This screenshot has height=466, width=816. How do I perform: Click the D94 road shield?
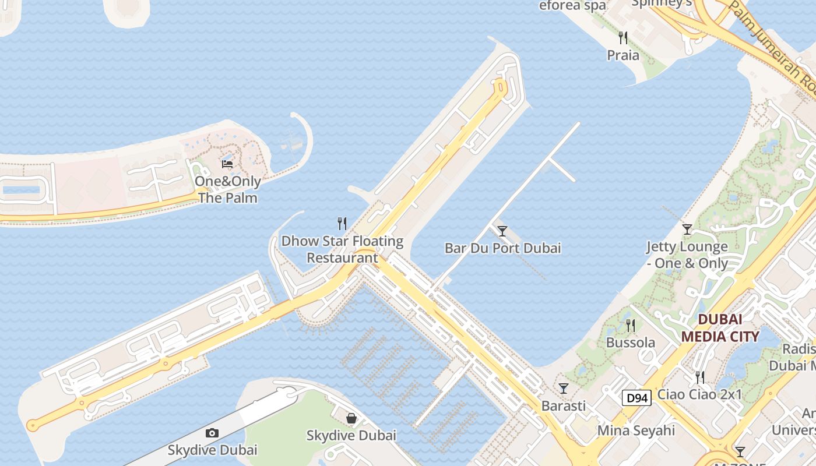pyautogui.click(x=636, y=398)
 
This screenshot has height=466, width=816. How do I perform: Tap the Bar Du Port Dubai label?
pyautogui.click(x=502, y=248)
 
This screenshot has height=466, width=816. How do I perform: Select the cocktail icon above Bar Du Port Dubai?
pyautogui.click(x=502, y=231)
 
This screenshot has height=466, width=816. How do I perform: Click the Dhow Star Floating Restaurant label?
pyautogui.click(x=342, y=249)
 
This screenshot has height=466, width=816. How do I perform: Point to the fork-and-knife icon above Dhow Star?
pyautogui.click(x=342, y=223)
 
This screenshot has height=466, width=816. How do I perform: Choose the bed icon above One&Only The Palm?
pyautogui.click(x=227, y=164)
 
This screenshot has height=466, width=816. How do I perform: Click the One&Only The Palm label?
pyautogui.click(x=227, y=189)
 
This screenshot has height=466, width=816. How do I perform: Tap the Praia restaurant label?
pyautogui.click(x=623, y=55)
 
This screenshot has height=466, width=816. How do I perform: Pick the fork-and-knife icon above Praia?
pyautogui.click(x=623, y=38)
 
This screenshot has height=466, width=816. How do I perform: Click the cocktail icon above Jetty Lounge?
pyautogui.click(x=687, y=229)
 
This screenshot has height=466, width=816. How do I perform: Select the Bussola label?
pyautogui.click(x=631, y=343)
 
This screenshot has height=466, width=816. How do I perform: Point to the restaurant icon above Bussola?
pyautogui.click(x=630, y=325)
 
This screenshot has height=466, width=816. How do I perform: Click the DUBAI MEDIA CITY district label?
pyautogui.click(x=720, y=328)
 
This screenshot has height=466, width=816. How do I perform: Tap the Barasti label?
pyautogui.click(x=564, y=405)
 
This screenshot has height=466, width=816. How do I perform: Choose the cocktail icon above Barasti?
pyautogui.click(x=564, y=388)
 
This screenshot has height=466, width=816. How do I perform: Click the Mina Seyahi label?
pyautogui.click(x=636, y=431)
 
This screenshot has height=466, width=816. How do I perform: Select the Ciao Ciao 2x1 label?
pyautogui.click(x=699, y=394)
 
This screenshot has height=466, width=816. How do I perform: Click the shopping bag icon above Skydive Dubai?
pyautogui.click(x=351, y=418)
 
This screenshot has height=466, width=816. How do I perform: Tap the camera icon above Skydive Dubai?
pyautogui.click(x=212, y=433)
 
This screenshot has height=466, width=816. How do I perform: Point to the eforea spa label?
pyautogui.click(x=572, y=6)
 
